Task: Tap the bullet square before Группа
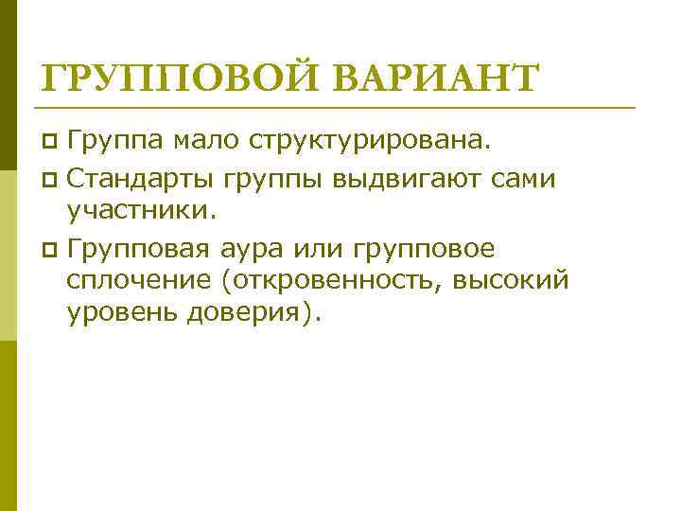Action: click(51, 143)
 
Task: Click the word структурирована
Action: click(370, 142)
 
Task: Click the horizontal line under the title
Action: click(340, 107)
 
